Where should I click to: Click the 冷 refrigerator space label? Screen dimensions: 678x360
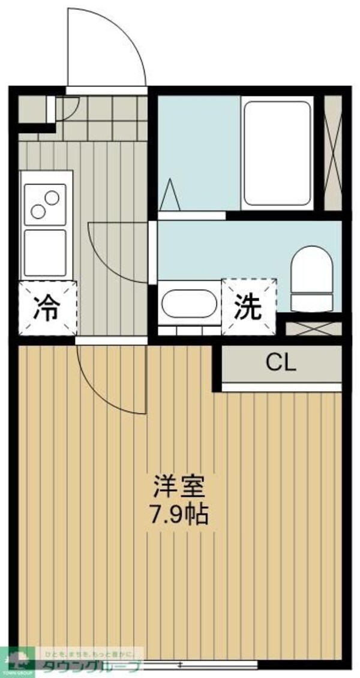(x=47, y=308)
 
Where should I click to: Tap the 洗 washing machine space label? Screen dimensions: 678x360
(x=248, y=307)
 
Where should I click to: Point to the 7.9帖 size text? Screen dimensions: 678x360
(x=179, y=514)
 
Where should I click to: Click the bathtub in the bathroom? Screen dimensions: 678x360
(x=276, y=154)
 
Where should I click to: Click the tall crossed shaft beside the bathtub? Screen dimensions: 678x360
(x=332, y=153)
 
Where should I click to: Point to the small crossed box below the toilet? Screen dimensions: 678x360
(x=313, y=329)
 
